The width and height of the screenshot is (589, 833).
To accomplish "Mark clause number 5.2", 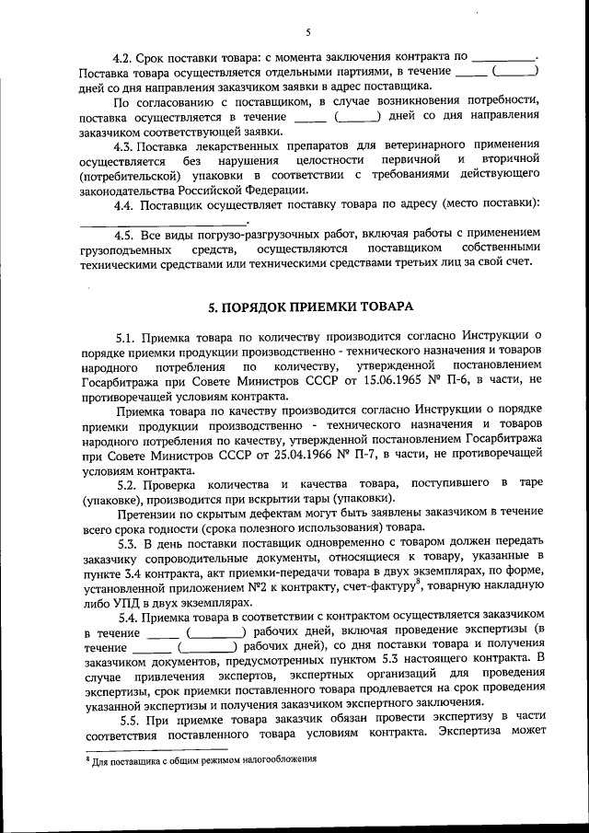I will [128, 484].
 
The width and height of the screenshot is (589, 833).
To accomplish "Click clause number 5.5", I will [128, 718].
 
